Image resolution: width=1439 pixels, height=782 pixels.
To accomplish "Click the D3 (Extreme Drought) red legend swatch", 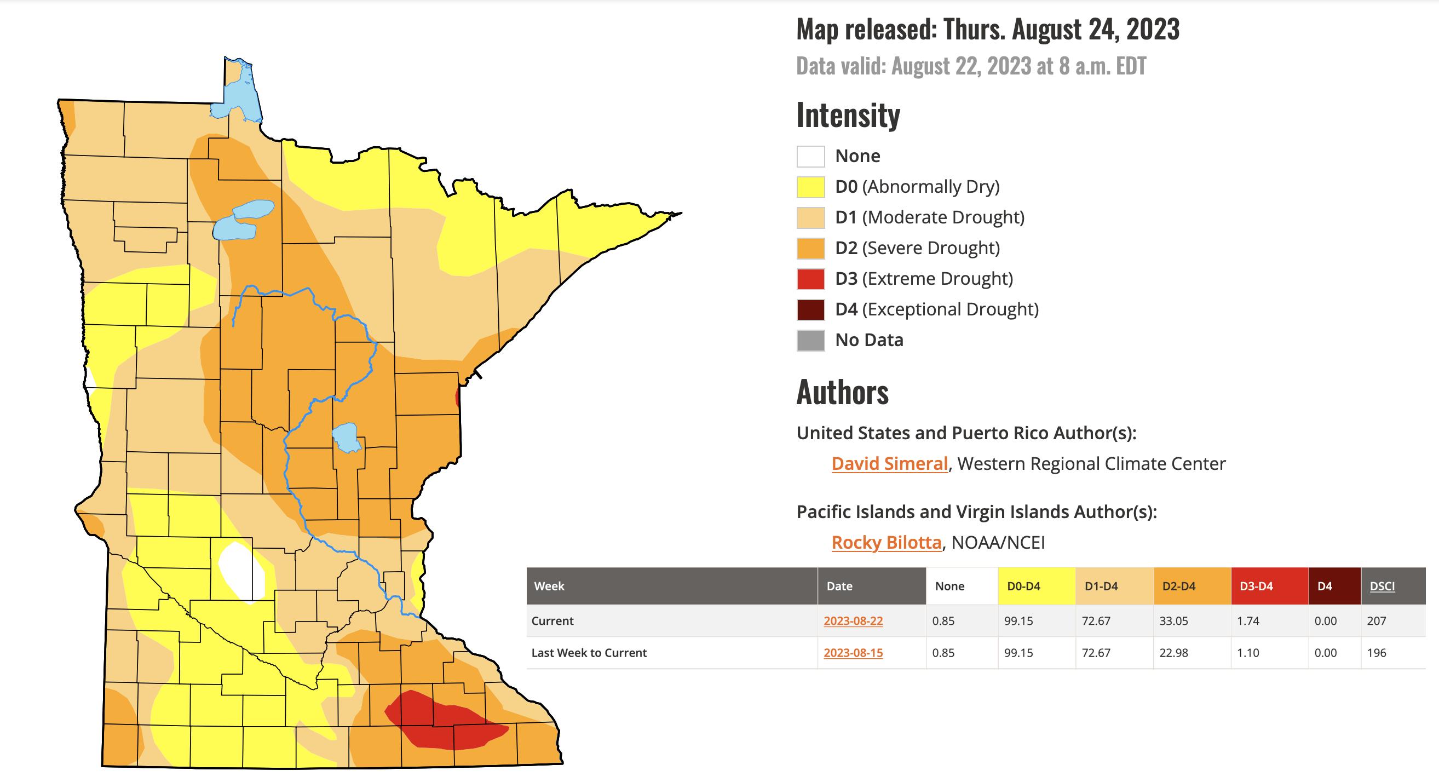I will pyautogui.click(x=810, y=279).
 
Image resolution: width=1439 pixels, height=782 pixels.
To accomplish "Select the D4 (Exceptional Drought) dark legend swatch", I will pyautogui.click(x=810, y=309).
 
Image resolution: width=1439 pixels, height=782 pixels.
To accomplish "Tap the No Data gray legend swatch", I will pyautogui.click(x=810, y=340).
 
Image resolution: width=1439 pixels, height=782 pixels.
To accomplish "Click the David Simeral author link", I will pyautogui.click(x=889, y=464).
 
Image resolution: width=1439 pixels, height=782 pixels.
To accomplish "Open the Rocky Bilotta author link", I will pyautogui.click(x=886, y=542).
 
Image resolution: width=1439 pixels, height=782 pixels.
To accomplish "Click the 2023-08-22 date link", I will pyautogui.click(x=853, y=620).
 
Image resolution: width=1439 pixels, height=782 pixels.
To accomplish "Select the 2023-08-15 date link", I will pyautogui.click(x=853, y=652).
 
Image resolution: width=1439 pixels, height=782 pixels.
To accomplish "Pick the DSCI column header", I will pyautogui.click(x=1382, y=586).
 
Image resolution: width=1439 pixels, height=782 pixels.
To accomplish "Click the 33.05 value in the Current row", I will pyautogui.click(x=1173, y=620).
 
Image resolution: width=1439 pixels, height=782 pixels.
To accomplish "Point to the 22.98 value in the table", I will pyautogui.click(x=1173, y=652).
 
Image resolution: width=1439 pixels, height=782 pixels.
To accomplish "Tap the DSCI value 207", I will pyautogui.click(x=1377, y=620).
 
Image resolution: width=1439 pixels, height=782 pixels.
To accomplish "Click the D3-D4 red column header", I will pyautogui.click(x=1256, y=586).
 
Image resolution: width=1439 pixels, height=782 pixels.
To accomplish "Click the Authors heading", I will pyautogui.click(x=842, y=392).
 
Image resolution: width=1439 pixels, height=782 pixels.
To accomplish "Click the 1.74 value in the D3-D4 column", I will pyautogui.click(x=1248, y=620).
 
